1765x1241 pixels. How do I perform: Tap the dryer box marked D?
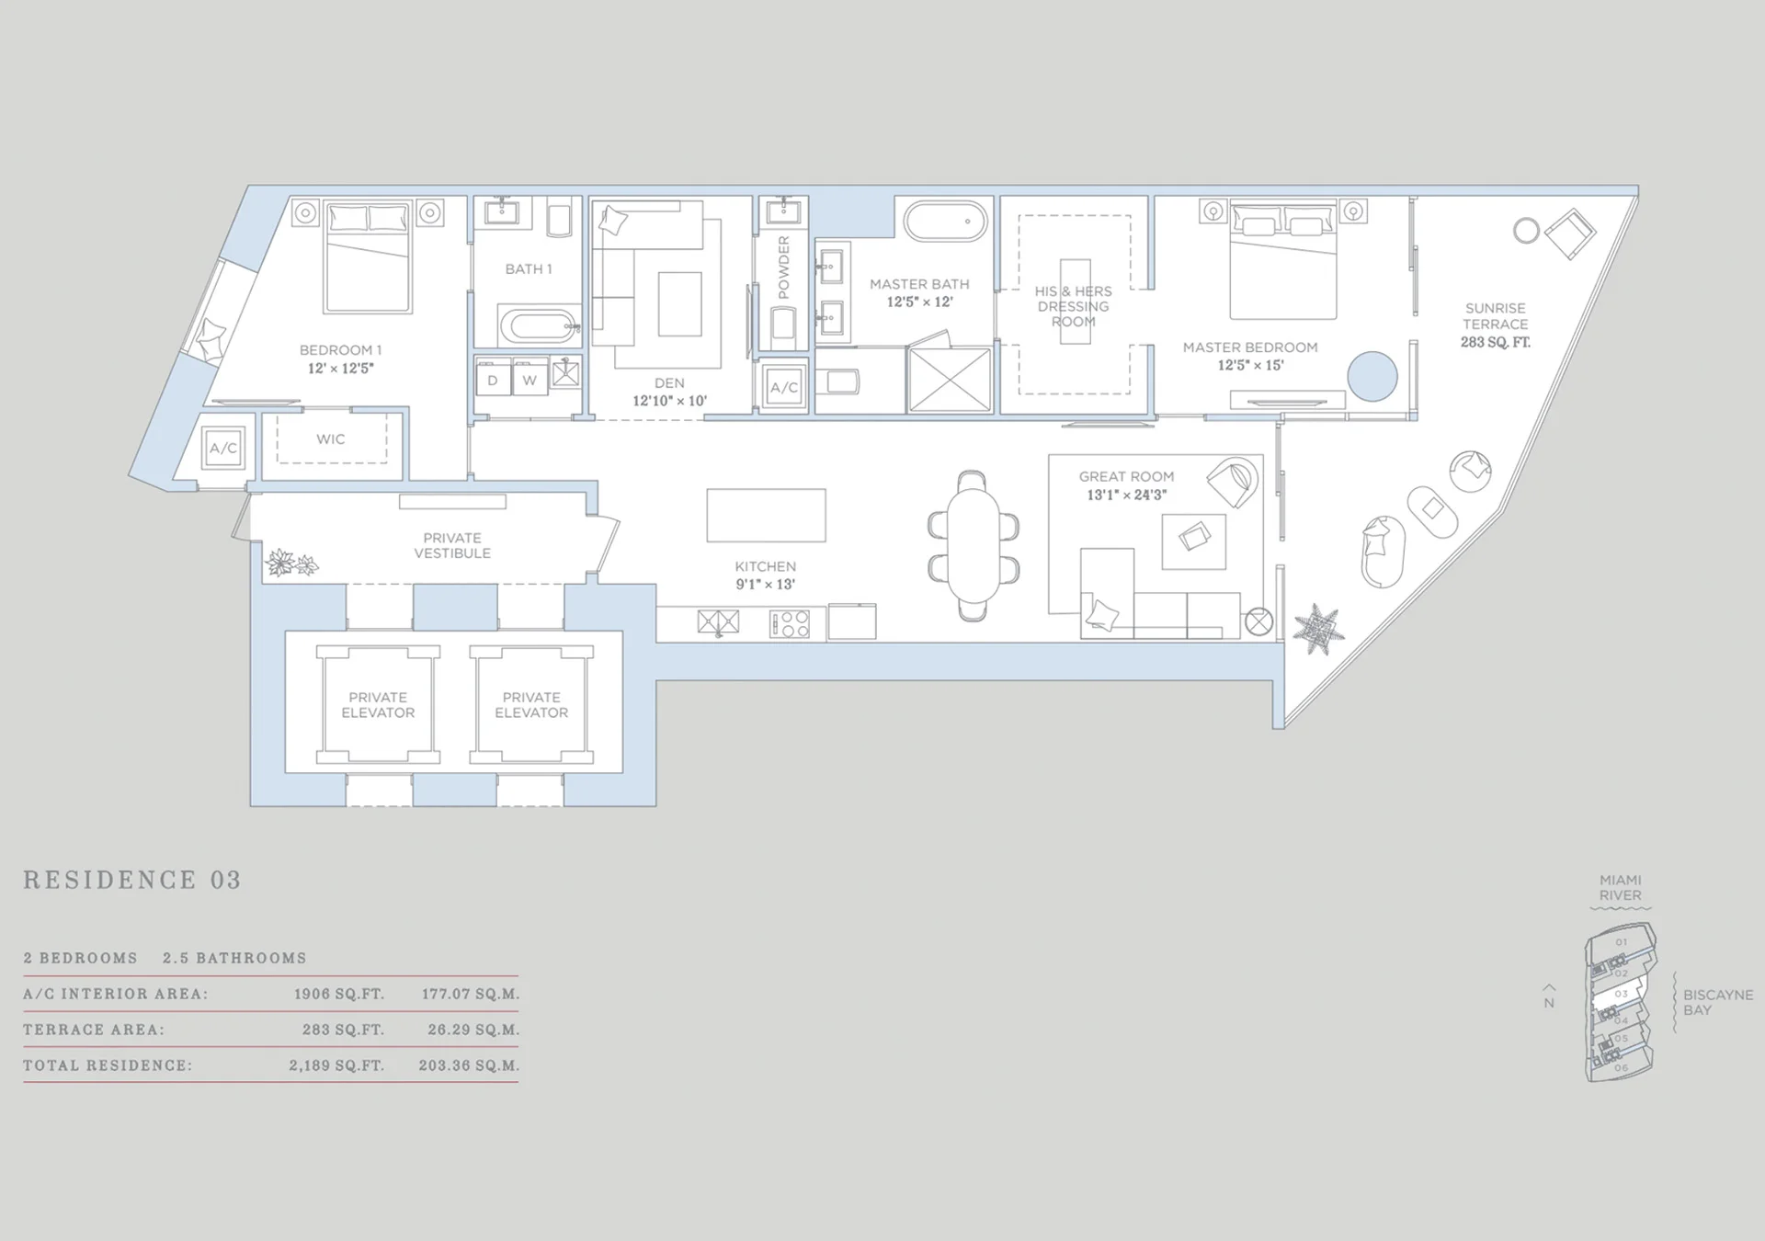click(x=494, y=379)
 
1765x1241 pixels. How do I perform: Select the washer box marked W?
click(x=530, y=379)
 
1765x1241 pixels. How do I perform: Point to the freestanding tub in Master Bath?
click(x=945, y=222)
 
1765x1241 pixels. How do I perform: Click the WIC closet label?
click(x=331, y=439)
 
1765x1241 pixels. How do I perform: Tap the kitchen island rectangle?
click(x=766, y=515)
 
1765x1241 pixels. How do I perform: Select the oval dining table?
click(x=974, y=545)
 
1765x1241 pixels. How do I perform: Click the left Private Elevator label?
click(x=378, y=705)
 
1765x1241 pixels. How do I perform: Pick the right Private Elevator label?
click(x=531, y=705)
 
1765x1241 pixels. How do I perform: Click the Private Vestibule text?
click(x=452, y=545)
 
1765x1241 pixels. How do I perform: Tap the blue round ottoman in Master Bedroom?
click(x=1372, y=376)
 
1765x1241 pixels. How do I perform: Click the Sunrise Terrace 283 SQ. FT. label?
click(x=1496, y=324)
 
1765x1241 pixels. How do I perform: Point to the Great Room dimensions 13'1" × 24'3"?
click(x=1127, y=495)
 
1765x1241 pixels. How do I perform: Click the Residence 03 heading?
click(x=132, y=880)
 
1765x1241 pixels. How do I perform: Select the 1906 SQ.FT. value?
click(x=339, y=994)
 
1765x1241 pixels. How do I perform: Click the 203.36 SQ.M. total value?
click(x=469, y=1065)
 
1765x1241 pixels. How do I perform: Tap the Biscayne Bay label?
click(x=1718, y=1002)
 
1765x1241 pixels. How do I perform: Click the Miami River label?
click(x=1620, y=887)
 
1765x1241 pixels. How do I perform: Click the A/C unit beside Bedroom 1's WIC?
click(x=223, y=449)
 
